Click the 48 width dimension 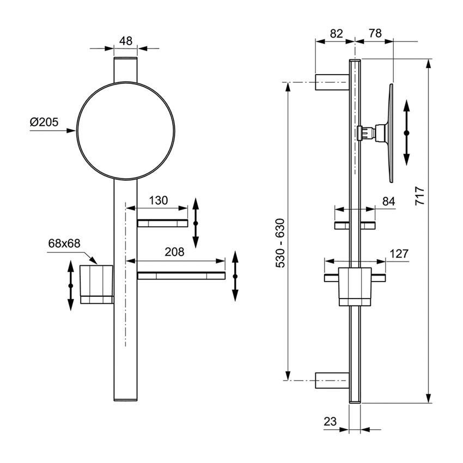click(126, 40)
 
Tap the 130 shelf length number click(158, 200)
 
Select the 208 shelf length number click(175, 252)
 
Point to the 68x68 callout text click(64, 243)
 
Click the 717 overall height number click(419, 194)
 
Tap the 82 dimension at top click(337, 33)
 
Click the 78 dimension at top click(375, 33)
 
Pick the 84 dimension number click(388, 202)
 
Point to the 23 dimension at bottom click(331, 421)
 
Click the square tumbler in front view click(96, 283)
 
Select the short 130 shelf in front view click(162, 223)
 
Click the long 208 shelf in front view click(181, 276)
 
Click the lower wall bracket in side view click(332, 380)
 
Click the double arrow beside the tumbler click(70, 285)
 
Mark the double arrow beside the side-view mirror click(406, 132)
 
